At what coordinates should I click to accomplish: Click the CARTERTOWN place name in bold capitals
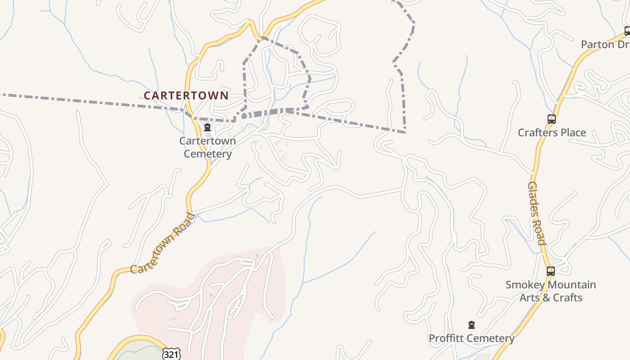186,95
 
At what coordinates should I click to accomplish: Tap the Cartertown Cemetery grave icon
207,128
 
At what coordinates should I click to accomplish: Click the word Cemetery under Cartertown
207,154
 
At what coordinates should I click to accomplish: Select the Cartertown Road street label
163,243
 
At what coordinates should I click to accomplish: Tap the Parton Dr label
604,45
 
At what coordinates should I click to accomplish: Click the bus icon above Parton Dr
627,31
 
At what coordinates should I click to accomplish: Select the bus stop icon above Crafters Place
551,119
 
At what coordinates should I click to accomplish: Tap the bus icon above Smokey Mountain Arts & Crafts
551,271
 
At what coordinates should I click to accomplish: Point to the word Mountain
573,285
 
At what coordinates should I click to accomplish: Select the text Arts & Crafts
551,298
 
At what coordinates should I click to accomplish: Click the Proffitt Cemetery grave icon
471,325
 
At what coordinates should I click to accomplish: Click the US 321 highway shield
171,355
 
